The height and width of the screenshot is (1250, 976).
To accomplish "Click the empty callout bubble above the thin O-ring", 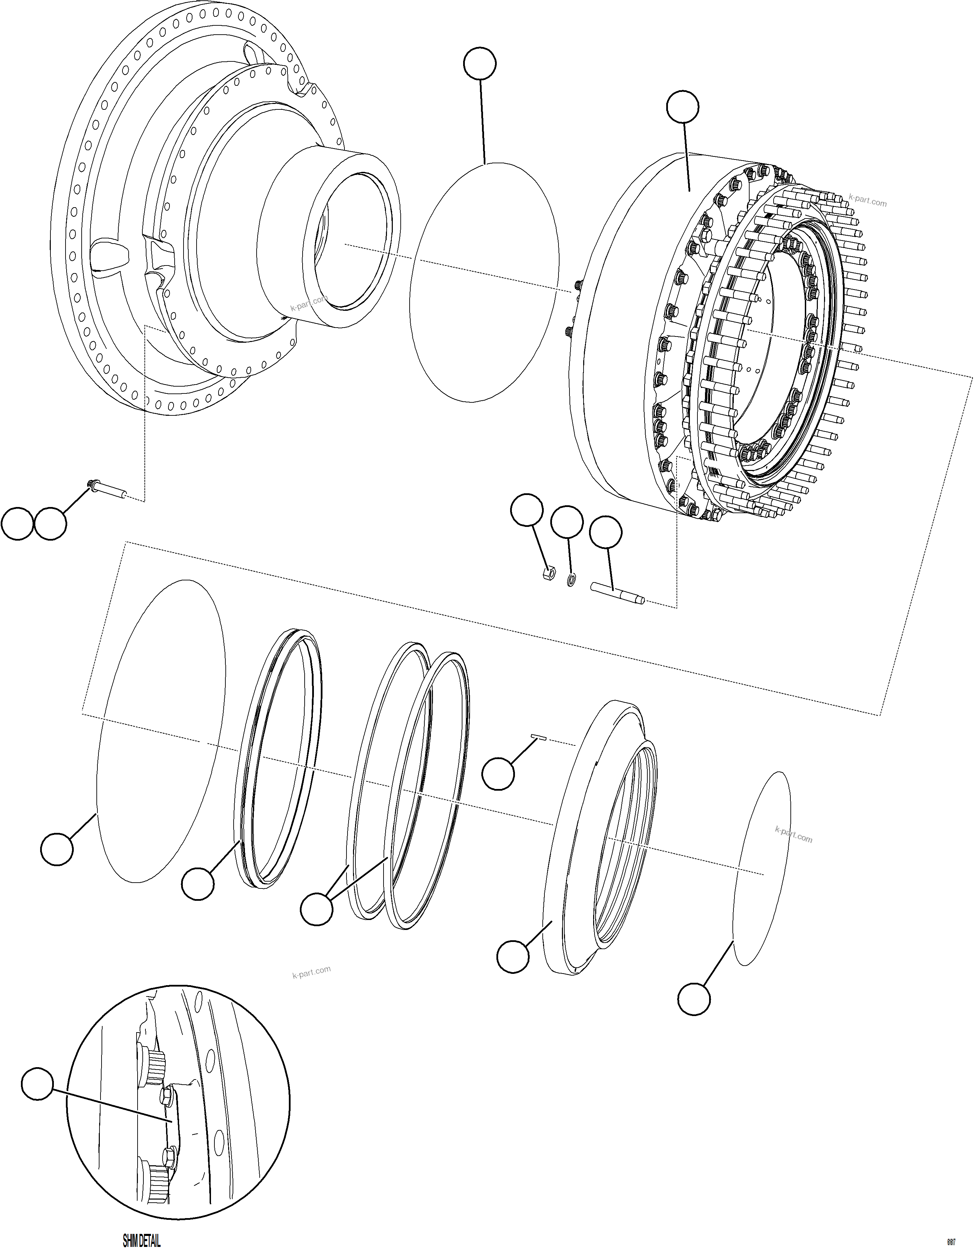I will (479, 63).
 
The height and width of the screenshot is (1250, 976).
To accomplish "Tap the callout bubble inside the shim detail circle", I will (38, 1083).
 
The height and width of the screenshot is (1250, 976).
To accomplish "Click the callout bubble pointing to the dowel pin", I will (498, 774).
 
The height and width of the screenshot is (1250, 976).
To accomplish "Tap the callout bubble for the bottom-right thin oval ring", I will (694, 999).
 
